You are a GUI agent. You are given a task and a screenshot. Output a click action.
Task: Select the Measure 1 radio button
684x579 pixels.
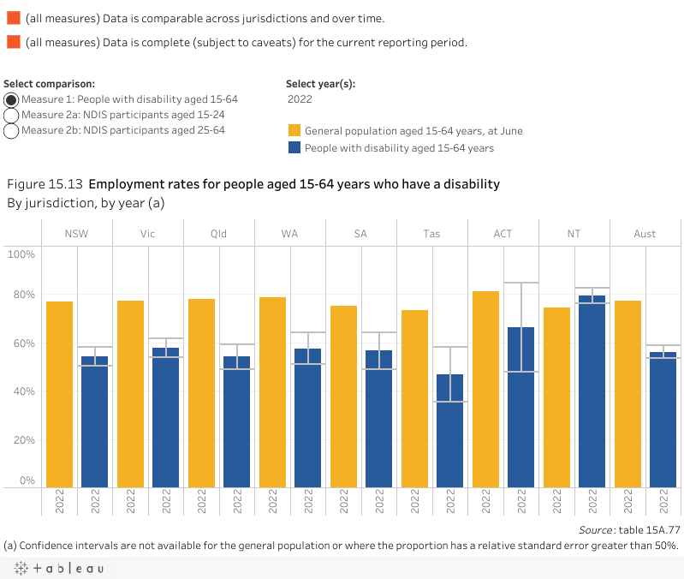tap(12, 99)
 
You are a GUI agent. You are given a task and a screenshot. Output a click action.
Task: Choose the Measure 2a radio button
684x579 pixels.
tap(12, 115)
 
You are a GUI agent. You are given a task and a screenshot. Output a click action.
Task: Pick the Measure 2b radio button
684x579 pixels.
tap(12, 130)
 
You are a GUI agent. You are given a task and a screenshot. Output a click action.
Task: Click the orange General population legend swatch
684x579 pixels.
tap(294, 131)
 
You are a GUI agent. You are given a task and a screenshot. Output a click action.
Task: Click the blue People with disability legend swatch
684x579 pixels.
tap(294, 147)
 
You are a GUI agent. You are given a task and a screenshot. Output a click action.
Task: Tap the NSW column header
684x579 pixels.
tap(77, 234)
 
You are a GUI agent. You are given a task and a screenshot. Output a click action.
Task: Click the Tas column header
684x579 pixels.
tap(432, 234)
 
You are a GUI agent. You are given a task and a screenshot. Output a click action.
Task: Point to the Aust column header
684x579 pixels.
tap(645, 234)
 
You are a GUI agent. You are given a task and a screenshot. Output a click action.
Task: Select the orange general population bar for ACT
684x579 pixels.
tap(485, 390)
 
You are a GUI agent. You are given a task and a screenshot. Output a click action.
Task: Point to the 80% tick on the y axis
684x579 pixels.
tap(21, 295)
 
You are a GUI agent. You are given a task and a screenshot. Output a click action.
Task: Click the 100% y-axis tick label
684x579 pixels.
tap(21, 254)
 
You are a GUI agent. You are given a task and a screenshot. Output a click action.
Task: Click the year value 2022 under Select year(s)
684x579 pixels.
tap(300, 99)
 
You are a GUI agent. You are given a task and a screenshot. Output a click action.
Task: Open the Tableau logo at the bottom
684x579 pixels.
tap(58, 569)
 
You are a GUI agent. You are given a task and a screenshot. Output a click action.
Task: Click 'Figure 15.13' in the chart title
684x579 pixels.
tap(45, 184)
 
